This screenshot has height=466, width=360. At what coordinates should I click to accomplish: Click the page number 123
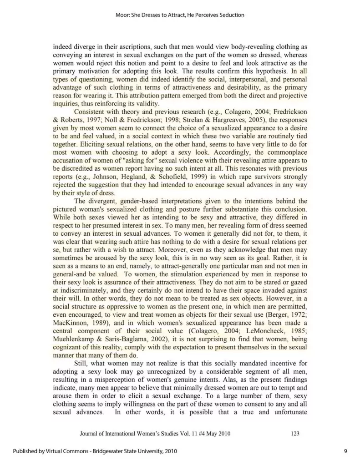294,434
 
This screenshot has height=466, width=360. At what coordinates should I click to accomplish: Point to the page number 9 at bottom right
345,451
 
